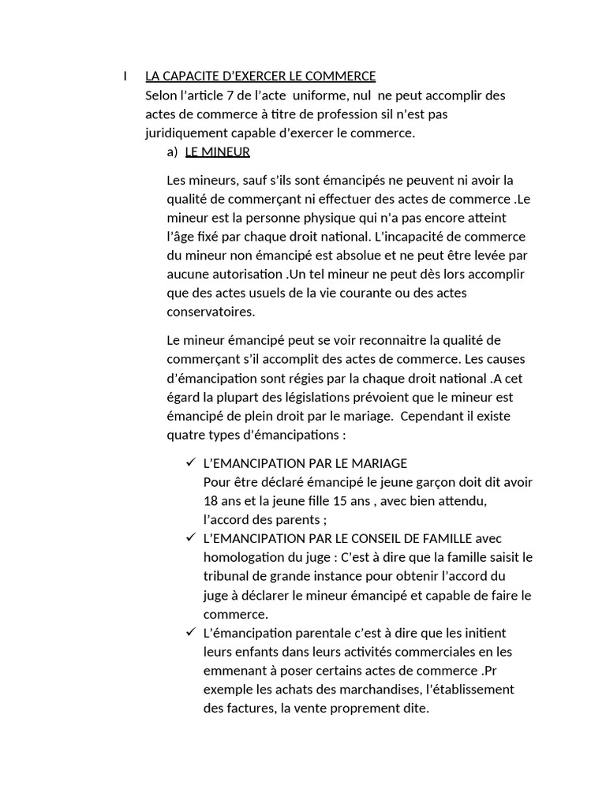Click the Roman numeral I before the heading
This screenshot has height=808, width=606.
[x=125, y=77]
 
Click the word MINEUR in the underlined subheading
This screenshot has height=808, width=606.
[x=227, y=152]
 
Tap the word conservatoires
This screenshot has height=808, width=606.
[x=211, y=312]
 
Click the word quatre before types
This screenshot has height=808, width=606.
[x=185, y=435]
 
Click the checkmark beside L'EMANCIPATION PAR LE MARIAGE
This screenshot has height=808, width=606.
[x=189, y=462]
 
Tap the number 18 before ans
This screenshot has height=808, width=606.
[x=211, y=501]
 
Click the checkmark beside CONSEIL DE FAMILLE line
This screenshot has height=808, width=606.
[x=189, y=537]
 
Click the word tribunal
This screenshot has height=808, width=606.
[x=228, y=576]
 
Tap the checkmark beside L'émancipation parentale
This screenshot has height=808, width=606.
[x=189, y=632]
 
